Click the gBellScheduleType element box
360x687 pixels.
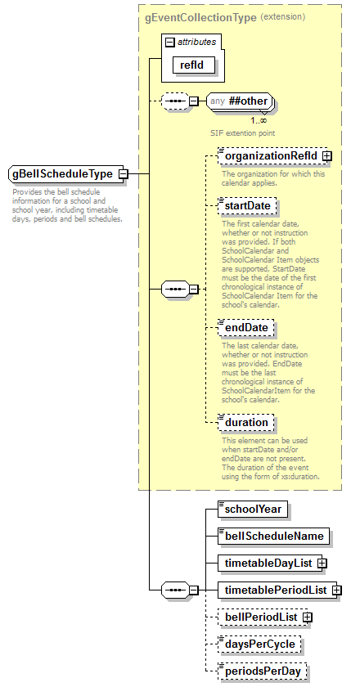62,174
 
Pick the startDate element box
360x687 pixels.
247,206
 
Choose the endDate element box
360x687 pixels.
245,328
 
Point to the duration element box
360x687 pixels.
246,423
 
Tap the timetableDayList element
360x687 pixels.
268,563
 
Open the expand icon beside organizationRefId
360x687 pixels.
326,155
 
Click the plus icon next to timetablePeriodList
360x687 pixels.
336,590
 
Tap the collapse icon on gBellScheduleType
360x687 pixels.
123,174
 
